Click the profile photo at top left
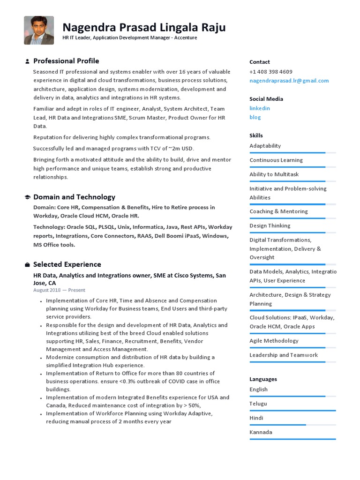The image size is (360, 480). (39, 30)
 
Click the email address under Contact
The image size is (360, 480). (289, 81)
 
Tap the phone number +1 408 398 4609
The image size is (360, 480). (270, 72)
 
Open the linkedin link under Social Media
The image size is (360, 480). (260, 108)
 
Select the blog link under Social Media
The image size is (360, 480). (255, 117)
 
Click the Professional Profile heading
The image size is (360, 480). (66, 61)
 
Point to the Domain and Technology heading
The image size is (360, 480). (74, 197)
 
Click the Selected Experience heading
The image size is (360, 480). (67, 264)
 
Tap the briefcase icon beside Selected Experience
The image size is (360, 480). (27, 265)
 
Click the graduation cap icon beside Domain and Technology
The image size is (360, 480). (27, 197)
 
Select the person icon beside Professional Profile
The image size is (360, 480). (27, 61)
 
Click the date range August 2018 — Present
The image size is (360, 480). (59, 290)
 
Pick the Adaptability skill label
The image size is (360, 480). (265, 146)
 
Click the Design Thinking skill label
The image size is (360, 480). (270, 225)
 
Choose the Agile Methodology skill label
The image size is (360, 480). (274, 341)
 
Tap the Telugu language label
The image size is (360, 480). (258, 404)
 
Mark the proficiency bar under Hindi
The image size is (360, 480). (292, 425)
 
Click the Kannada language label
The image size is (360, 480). (261, 432)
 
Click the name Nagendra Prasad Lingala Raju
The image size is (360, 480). (144, 27)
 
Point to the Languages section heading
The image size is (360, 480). (263, 379)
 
